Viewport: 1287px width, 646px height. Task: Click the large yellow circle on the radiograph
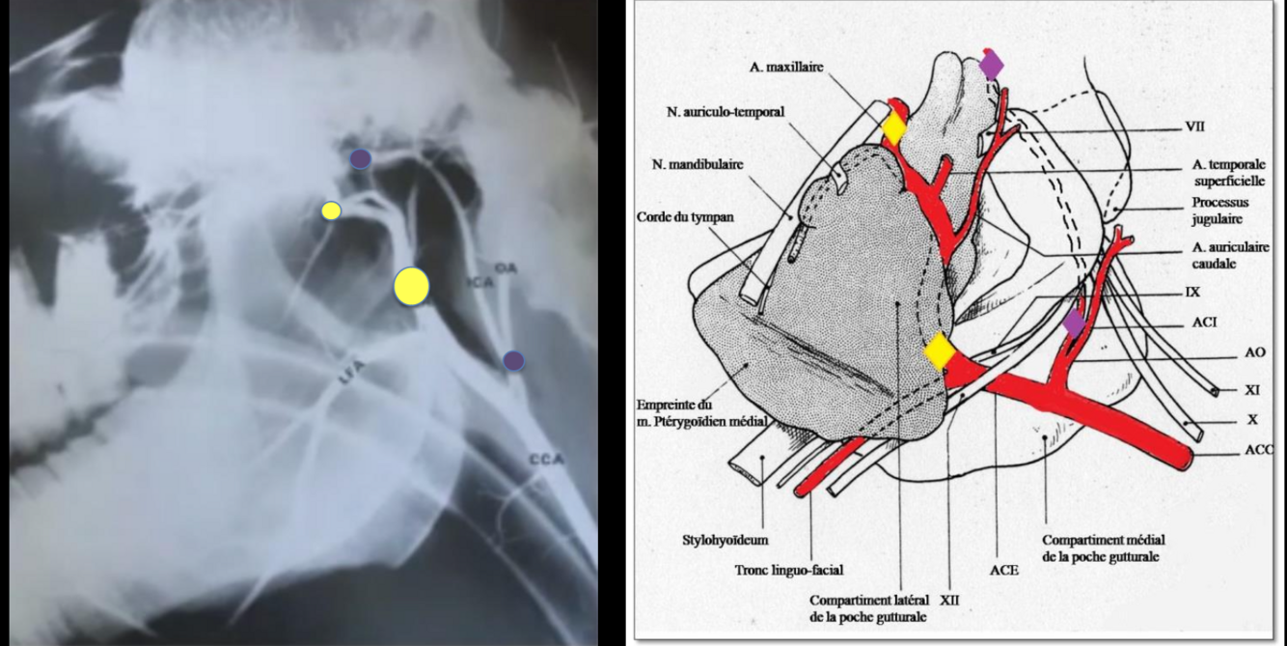pyautogui.click(x=411, y=287)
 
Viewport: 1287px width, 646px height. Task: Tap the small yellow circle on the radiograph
pyautogui.click(x=331, y=211)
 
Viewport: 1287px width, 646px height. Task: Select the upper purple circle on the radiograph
pyautogui.click(x=360, y=158)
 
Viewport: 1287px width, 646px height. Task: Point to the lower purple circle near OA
pyautogui.click(x=513, y=360)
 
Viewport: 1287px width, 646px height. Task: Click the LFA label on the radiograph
pyautogui.click(x=351, y=377)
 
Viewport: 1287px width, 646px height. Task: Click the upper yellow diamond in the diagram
pyautogui.click(x=894, y=127)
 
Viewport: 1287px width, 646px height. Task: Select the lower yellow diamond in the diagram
pyautogui.click(x=939, y=351)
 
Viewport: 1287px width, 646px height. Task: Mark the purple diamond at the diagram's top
pyautogui.click(x=991, y=65)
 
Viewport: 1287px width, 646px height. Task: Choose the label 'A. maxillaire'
pyautogui.click(x=786, y=68)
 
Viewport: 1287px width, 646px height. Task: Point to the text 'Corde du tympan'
pyautogui.click(x=684, y=217)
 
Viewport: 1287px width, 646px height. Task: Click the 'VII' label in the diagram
pyautogui.click(x=1194, y=126)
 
